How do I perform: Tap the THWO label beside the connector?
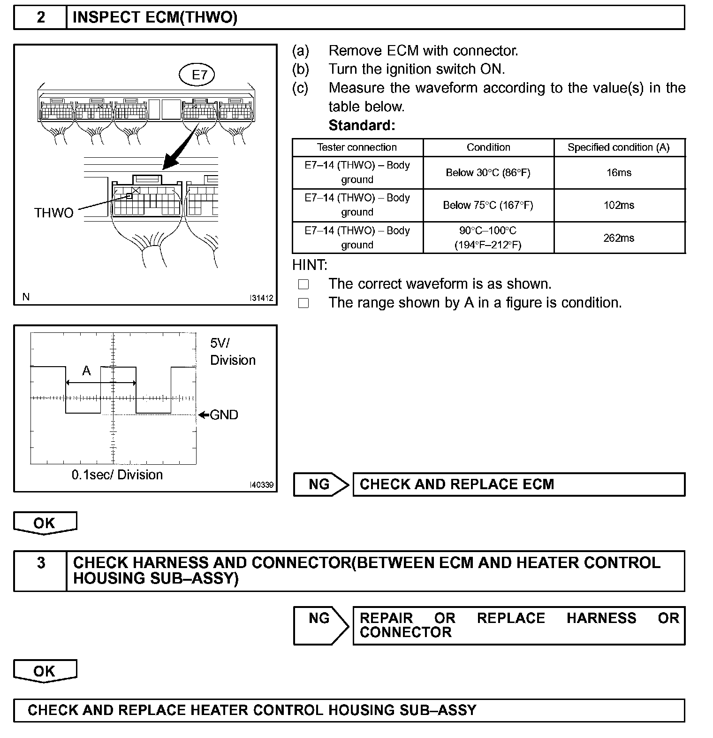tap(54, 213)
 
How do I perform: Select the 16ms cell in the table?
tap(619, 173)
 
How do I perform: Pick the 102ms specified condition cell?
tap(619, 205)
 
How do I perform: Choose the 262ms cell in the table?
tap(619, 238)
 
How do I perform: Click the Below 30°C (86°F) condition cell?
tap(488, 173)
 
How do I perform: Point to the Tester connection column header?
tap(357, 147)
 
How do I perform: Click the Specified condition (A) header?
tap(619, 147)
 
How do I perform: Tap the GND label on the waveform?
tap(224, 415)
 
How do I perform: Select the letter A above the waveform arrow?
tap(86, 371)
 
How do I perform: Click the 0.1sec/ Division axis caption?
tap(117, 475)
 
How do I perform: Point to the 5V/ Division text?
tap(233, 352)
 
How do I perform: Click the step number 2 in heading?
tap(41, 18)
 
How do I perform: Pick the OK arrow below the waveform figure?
tap(45, 523)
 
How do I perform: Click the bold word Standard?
tap(362, 125)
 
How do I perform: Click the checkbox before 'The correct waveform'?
tap(303, 284)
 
